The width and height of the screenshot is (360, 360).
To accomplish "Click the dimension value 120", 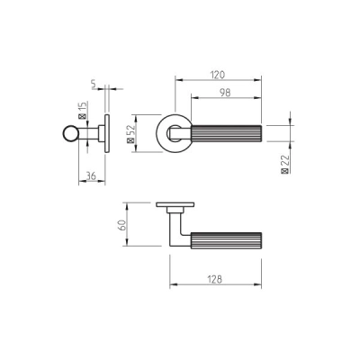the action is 218,75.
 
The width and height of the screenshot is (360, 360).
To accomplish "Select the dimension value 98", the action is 225,93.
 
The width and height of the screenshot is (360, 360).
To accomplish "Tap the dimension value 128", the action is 215,279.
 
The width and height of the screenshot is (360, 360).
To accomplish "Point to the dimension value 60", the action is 122,225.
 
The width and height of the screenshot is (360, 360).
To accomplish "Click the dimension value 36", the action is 91,175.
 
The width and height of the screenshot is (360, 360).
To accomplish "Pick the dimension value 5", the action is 94,85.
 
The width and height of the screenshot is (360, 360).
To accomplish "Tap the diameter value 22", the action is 285,160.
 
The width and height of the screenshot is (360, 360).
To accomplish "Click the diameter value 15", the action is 83,107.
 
